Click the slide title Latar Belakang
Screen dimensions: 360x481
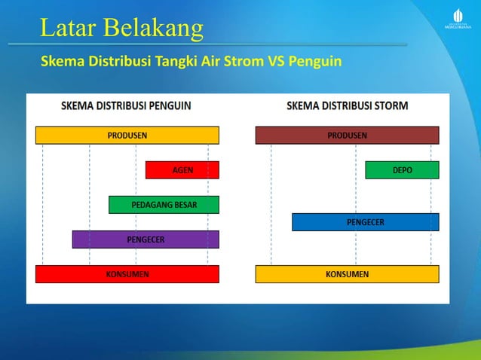pos(121,28)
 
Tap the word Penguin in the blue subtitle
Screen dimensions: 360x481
pos(316,60)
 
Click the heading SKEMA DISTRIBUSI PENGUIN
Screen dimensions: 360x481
pos(126,106)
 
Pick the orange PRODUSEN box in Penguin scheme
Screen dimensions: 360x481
pos(127,136)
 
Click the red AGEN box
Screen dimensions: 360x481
pos(182,170)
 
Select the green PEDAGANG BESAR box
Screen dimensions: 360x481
pos(164,205)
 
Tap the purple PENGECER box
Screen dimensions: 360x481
pos(146,239)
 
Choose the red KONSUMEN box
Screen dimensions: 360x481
pos(127,274)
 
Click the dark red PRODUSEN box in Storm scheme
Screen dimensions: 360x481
pos(347,136)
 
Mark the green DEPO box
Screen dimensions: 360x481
pos(402,170)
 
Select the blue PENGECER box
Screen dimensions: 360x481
pos(365,222)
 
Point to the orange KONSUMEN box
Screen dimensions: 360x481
pos(347,274)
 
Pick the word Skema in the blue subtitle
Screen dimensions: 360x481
pos(60,60)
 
